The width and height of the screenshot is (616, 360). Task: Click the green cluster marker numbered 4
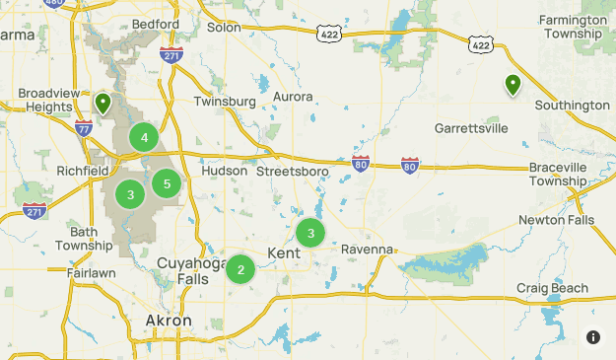145,137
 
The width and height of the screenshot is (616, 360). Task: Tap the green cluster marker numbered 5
167,182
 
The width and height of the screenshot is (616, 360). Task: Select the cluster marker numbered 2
240,268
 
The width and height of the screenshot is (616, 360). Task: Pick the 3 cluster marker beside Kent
310,233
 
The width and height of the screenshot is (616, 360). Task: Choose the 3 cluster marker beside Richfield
130,194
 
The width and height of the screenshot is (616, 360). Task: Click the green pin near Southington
513,86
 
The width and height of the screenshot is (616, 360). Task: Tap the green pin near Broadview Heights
103,103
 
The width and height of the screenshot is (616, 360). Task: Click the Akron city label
168,322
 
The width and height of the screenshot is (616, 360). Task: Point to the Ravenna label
367,250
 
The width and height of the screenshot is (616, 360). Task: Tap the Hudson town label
224,171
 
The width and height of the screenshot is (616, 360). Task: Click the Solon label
224,27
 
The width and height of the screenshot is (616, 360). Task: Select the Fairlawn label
92,272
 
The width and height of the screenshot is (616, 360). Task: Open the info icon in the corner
593,337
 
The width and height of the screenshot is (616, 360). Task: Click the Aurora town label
293,97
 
